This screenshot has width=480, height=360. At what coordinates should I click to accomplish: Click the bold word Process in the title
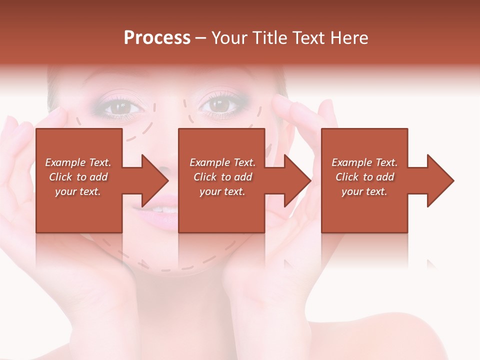pos(157,38)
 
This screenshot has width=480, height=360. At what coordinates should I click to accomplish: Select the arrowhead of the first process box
pos(155,180)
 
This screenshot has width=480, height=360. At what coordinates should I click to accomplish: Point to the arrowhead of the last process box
pos(440,180)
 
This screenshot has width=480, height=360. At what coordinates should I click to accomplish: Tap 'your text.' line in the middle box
pos(222,191)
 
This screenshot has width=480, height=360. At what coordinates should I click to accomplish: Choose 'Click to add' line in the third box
pos(364,177)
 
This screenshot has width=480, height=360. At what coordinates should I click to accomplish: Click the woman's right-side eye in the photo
pos(218,105)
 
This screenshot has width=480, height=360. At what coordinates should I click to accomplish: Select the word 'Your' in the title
pos(229,38)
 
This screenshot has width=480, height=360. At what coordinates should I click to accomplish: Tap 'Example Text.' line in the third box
pos(364,162)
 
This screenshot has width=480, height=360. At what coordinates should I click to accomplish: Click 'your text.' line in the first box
pos(77,191)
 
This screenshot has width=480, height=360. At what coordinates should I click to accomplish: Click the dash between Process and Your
pos(201,38)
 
